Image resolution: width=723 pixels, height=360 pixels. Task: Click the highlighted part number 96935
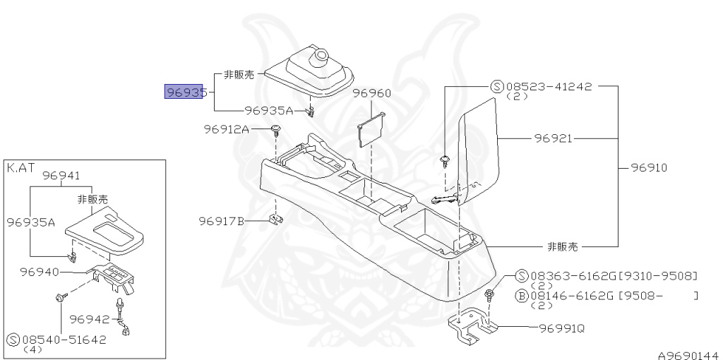tap(185, 92)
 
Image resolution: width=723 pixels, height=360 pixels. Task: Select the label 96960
tap(372, 93)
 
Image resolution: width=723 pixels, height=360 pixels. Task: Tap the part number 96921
tap(553, 139)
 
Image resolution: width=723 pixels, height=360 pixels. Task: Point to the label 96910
tap(649, 168)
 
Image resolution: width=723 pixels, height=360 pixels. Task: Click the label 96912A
tap(227, 129)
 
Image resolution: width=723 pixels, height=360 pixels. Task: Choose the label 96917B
tap(221, 222)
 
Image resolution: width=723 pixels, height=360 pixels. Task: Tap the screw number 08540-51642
tap(65, 339)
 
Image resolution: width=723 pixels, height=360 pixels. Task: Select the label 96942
tap(90, 319)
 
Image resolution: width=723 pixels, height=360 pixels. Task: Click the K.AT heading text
tap(20, 168)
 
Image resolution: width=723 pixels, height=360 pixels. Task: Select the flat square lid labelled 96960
tap(371, 131)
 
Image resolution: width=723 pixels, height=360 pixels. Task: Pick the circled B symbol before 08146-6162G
tap(522, 295)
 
